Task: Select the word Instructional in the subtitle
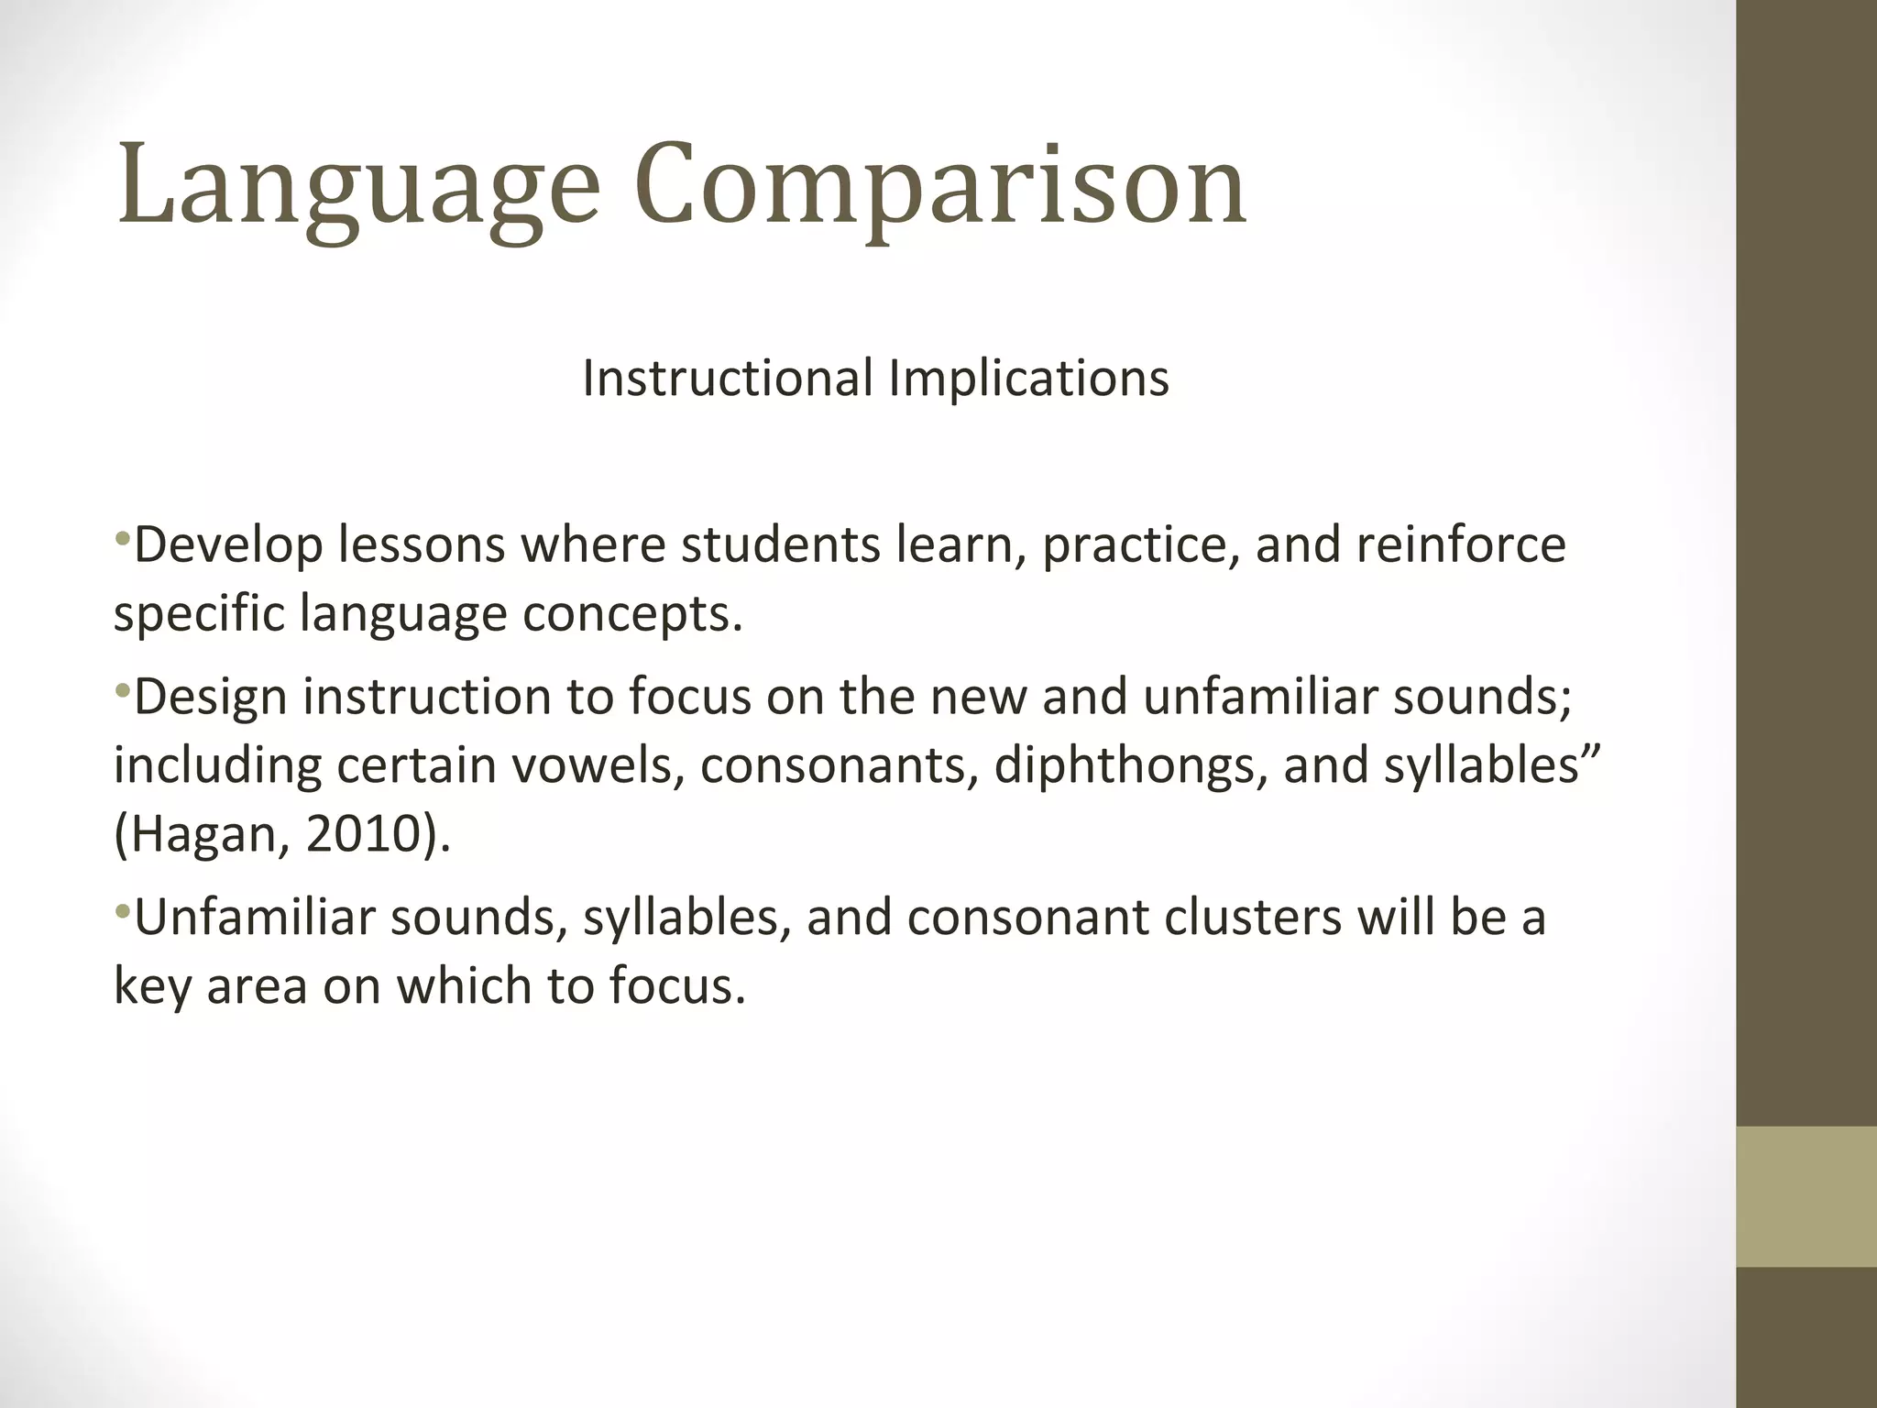(728, 378)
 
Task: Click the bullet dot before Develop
(122, 535)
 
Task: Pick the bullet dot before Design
(122, 687)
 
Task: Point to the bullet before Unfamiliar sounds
(122, 908)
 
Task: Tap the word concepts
(631, 613)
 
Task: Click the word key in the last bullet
(152, 986)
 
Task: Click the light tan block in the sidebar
(1806, 1196)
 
